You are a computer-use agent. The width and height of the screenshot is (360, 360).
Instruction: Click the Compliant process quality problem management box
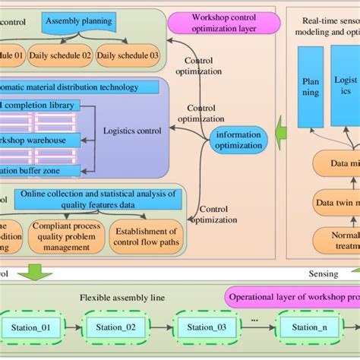click(x=65, y=235)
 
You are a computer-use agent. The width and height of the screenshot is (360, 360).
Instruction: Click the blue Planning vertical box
click(x=310, y=87)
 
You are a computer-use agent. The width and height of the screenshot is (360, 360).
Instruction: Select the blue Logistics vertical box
click(x=346, y=87)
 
